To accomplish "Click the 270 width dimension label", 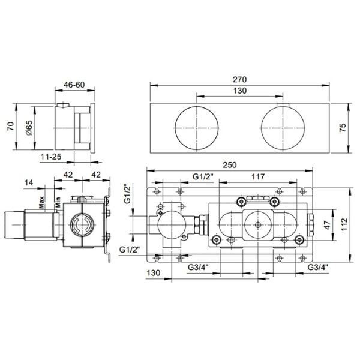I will click(240, 79).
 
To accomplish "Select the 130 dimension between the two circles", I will click(240, 91).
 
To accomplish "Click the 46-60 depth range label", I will click(74, 85).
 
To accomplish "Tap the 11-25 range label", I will click(50, 158).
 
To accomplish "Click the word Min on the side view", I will click(58, 202).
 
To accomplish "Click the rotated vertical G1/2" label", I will click(127, 193).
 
